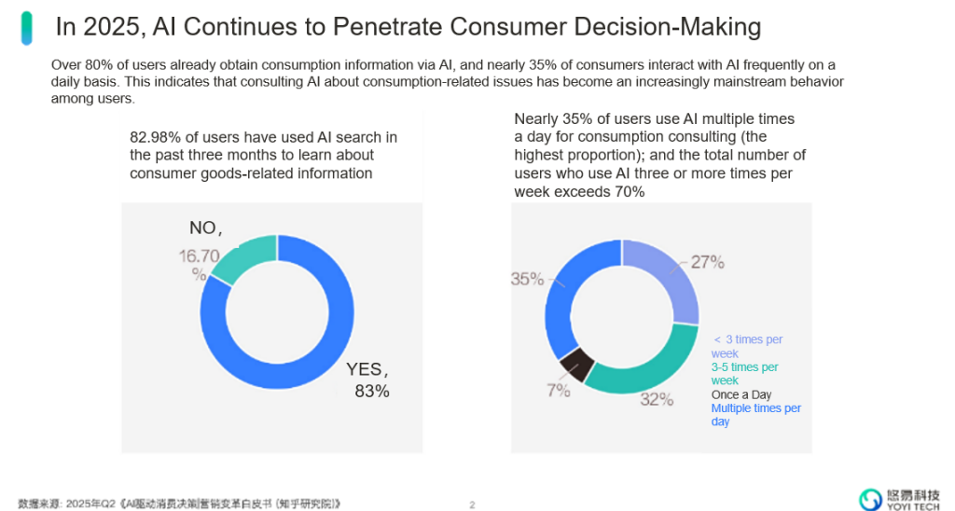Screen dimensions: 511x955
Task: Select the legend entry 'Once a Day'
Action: (741, 394)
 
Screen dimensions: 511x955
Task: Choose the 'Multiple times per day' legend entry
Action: (755, 415)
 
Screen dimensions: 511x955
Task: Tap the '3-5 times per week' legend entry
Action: (744, 374)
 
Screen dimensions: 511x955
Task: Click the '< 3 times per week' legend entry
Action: (747, 347)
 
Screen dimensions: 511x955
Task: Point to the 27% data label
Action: (708, 262)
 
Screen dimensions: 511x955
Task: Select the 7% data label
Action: (559, 391)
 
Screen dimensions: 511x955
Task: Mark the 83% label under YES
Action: (371, 392)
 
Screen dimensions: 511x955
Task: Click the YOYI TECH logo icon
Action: (870, 499)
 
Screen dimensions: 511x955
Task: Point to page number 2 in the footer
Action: (472, 504)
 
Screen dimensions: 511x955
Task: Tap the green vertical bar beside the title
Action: (28, 28)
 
